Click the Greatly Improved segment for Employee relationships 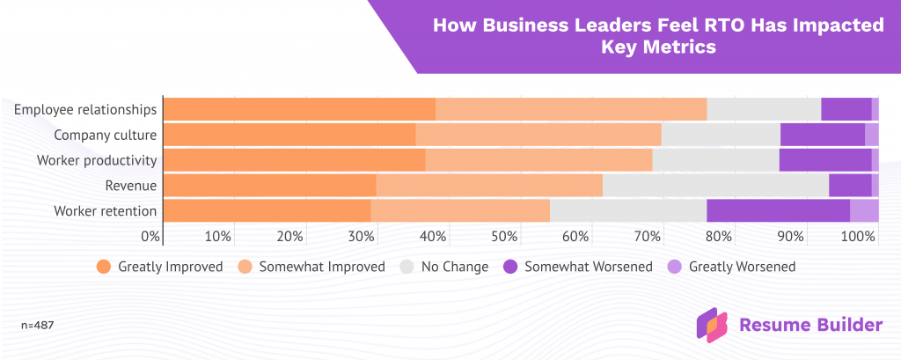tap(299, 109)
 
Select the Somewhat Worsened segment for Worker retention tap(778, 211)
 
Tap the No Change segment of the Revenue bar tap(715, 186)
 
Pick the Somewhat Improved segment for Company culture tap(538, 135)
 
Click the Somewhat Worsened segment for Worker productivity tap(824, 160)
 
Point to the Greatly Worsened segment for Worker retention tap(864, 211)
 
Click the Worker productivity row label tap(97, 160)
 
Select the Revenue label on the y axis tap(130, 186)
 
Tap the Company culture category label tap(105, 135)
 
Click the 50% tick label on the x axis tap(504, 236)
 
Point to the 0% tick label tap(150, 236)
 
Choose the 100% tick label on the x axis tap(859, 236)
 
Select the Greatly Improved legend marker tap(104, 267)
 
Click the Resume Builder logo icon tap(712, 325)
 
